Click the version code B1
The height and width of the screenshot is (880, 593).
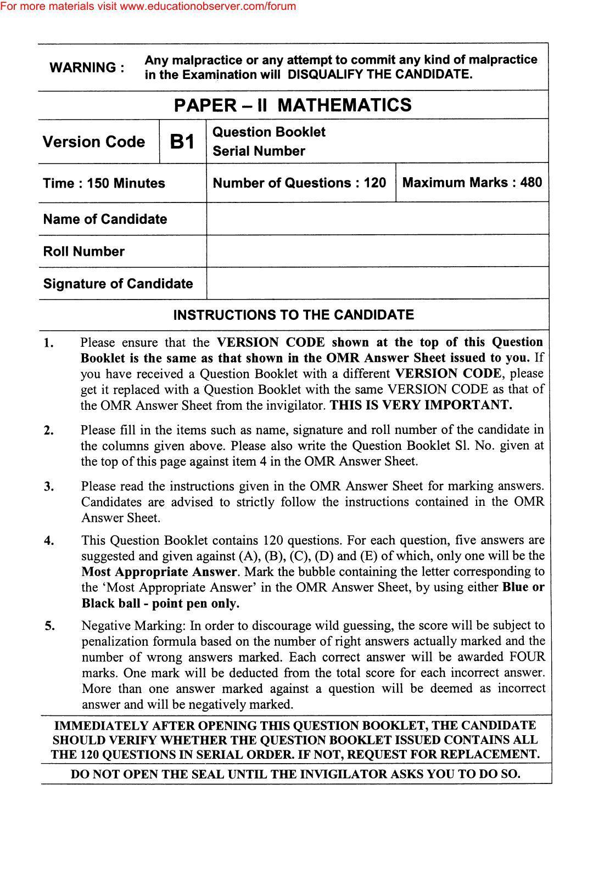[x=182, y=142]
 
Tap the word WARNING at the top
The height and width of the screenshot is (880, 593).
[x=87, y=68]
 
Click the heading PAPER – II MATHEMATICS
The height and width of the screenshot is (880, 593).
[x=293, y=105]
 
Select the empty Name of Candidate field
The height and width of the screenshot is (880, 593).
[x=377, y=218]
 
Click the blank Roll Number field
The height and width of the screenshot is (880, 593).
[x=377, y=251]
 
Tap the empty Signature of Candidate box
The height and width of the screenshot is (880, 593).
[x=377, y=284]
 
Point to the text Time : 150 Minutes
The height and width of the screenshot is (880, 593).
[x=104, y=183]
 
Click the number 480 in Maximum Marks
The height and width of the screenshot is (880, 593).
[x=531, y=182]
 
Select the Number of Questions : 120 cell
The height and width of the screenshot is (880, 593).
[x=299, y=183]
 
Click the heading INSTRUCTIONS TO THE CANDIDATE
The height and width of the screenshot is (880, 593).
[x=293, y=315]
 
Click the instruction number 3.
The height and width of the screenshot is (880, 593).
[x=49, y=487]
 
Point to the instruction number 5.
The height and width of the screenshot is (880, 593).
[x=49, y=626]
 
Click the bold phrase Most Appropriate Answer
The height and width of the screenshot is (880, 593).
[x=159, y=572]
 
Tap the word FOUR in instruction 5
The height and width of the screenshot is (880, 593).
[x=527, y=657]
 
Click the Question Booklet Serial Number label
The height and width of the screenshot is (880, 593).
[x=268, y=142]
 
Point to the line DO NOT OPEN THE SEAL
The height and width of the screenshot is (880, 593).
[x=295, y=774]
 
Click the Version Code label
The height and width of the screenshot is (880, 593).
[x=94, y=142]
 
